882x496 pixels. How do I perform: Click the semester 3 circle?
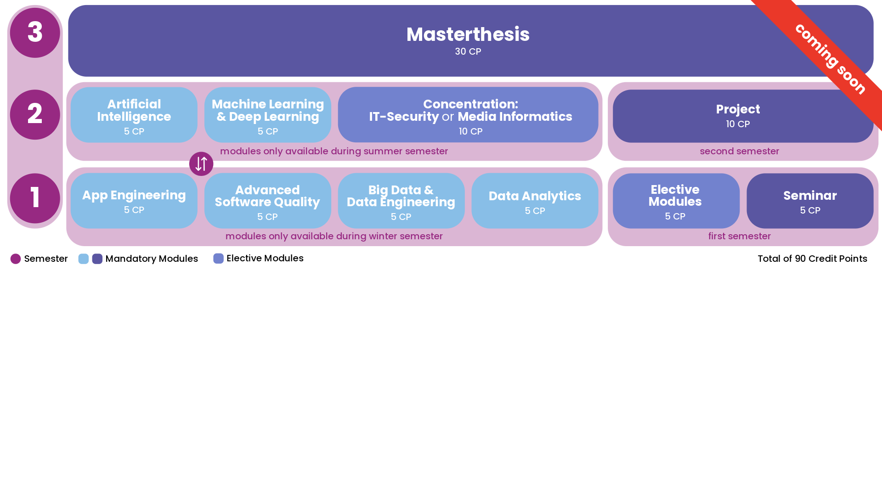[35, 33]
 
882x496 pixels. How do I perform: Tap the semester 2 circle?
[35, 114]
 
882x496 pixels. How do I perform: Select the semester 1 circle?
[35, 198]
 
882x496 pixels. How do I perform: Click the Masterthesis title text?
[468, 34]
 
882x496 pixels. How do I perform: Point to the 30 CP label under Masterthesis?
[468, 51]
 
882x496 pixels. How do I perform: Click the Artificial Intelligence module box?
[134, 115]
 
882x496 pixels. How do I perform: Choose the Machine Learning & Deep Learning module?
[268, 115]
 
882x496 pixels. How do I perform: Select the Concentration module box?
[468, 115]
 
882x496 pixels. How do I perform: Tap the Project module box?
[743, 116]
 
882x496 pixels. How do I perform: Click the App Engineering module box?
[134, 201]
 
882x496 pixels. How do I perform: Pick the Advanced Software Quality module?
[268, 201]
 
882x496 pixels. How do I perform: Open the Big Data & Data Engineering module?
[401, 201]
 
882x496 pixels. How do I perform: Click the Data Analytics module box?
[535, 201]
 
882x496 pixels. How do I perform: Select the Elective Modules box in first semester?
[676, 201]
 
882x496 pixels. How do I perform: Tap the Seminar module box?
[810, 201]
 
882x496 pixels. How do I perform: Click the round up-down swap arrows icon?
[201, 164]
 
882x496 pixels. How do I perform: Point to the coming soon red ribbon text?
[831, 59]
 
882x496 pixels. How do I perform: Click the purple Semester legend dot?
[16, 259]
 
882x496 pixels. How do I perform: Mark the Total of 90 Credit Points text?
[812, 259]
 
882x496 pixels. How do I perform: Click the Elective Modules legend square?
[218, 259]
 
